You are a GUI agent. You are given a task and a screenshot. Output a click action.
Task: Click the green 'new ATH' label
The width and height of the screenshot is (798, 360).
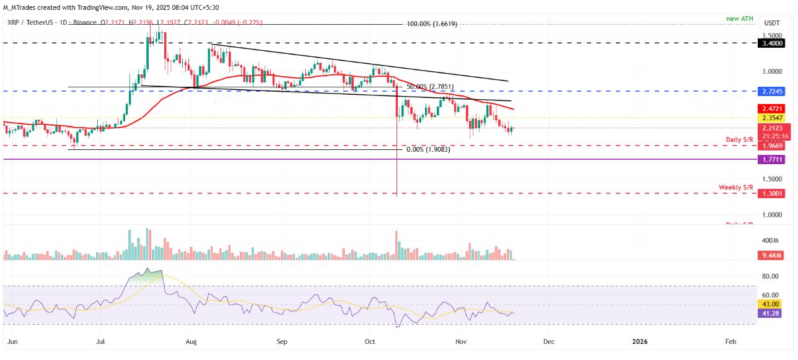(740, 19)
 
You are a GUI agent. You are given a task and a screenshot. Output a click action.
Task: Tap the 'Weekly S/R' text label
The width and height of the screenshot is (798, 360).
(735, 187)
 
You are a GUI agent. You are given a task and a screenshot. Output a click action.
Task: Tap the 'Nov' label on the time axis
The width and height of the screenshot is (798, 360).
(460, 341)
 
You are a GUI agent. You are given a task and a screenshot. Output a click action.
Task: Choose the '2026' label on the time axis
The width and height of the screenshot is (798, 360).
(640, 341)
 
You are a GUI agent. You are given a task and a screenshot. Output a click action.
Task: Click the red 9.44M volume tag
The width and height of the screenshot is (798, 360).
(772, 255)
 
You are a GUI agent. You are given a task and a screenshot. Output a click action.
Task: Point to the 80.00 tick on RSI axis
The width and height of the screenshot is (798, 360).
(770, 276)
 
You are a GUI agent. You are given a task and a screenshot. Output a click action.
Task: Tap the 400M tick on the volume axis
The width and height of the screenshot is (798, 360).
(770, 240)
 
